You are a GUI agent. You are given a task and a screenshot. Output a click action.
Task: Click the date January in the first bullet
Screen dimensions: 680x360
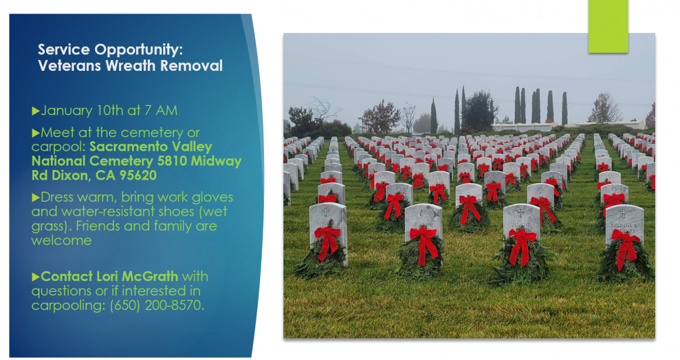(67, 111)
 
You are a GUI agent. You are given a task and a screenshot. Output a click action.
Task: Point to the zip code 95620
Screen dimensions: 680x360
(138, 175)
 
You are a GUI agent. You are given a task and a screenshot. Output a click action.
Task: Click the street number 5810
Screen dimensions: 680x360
(172, 161)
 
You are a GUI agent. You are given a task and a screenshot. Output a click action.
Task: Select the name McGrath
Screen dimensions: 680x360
(150, 277)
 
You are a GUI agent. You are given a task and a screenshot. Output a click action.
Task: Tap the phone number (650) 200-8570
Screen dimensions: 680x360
(156, 306)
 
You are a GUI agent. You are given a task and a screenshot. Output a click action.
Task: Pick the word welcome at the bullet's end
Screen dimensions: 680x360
(62, 240)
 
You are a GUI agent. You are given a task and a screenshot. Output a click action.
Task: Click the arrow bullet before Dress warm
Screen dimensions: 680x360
(36, 198)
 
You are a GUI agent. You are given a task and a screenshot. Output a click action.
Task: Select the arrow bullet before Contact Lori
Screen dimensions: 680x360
(36, 277)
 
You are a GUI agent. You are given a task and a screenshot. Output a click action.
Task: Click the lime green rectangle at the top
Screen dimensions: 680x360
(608, 27)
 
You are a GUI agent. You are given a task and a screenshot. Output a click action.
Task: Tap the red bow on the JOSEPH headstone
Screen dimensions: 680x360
(424, 244)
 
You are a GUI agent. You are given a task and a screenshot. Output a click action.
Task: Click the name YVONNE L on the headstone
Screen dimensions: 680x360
(623, 226)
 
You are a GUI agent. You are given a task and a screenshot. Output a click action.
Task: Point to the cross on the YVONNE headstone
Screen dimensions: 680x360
(623, 214)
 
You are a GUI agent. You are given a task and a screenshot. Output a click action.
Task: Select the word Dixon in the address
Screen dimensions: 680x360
(71, 176)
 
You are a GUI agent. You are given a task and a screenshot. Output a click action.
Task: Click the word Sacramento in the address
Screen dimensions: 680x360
(129, 147)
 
